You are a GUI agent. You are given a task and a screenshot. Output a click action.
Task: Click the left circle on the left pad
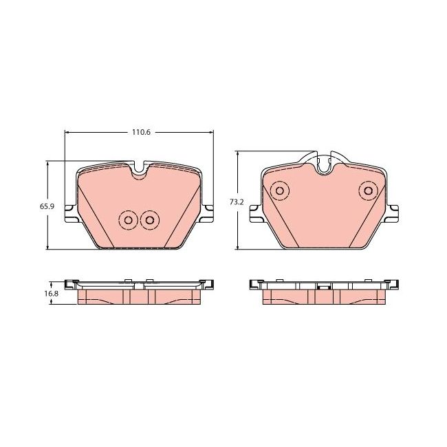tap(127, 220)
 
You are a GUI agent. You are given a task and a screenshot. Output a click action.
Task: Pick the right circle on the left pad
tap(149, 220)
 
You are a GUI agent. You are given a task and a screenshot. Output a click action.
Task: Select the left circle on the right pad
tap(279, 190)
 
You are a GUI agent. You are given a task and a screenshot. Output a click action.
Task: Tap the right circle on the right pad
tap(368, 190)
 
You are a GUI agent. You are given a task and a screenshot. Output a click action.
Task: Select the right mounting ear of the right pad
tap(393, 212)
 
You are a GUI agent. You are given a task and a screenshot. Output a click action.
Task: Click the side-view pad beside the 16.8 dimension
tap(138, 292)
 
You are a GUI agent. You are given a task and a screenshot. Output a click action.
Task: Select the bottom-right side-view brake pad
tap(323, 292)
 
